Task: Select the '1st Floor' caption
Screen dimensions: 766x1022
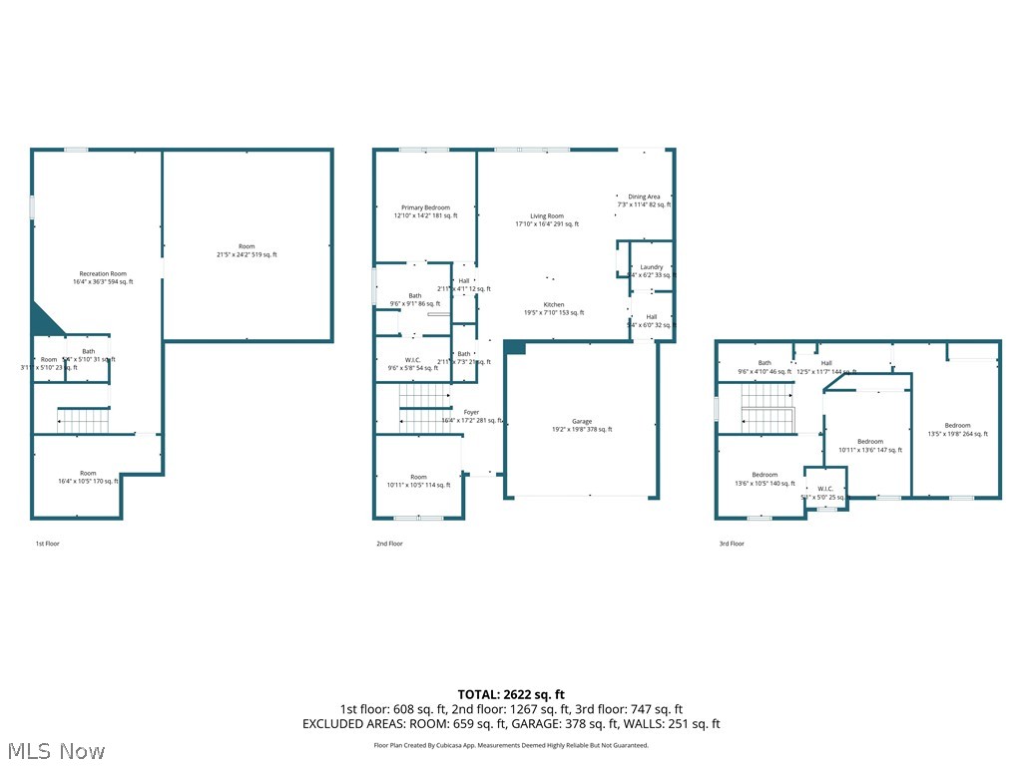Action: (x=48, y=544)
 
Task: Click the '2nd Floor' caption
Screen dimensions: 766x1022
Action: (x=389, y=544)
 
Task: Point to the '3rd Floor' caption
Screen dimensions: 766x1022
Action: (x=732, y=544)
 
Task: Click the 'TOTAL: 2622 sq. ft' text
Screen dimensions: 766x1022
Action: (x=511, y=694)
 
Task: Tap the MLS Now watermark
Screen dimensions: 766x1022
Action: (x=54, y=750)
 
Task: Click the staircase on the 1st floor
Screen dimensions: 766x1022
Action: (x=83, y=421)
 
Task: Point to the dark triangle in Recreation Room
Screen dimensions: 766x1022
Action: (x=42, y=321)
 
